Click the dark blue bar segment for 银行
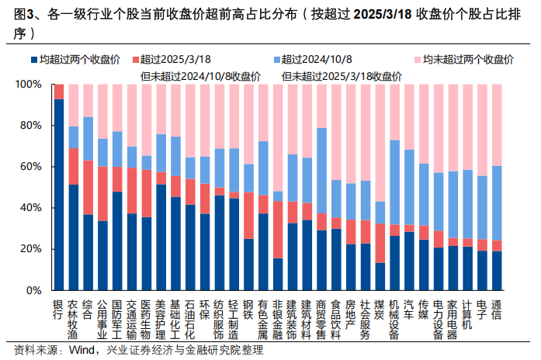[59, 194]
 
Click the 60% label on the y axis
[34, 167]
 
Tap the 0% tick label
[36, 290]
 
